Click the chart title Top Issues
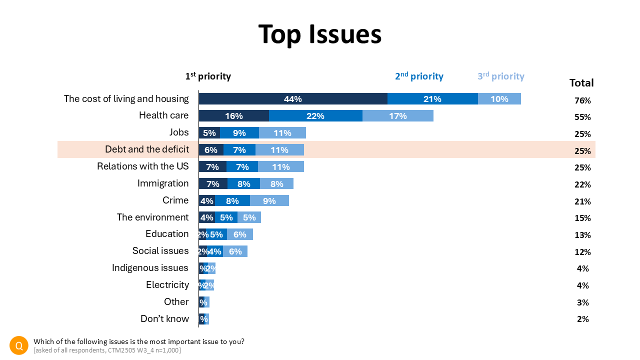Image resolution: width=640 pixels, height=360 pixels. (x=320, y=34)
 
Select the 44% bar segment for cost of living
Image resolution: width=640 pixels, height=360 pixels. (x=293, y=99)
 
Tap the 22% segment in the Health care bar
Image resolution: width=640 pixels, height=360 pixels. (x=315, y=116)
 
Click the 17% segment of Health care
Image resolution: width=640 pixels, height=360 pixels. (x=398, y=116)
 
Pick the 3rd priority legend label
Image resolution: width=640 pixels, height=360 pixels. (x=500, y=76)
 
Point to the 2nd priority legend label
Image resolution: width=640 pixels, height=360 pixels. (x=419, y=76)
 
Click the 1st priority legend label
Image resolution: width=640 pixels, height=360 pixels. (x=208, y=76)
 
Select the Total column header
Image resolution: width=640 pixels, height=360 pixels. (x=581, y=83)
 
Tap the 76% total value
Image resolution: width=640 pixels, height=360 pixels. (x=582, y=100)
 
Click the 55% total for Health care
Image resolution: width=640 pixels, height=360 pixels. (x=582, y=117)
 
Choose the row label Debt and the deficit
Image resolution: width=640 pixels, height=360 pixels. (x=147, y=149)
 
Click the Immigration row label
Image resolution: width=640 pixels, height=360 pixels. (x=163, y=183)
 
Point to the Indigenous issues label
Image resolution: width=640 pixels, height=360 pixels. (x=150, y=268)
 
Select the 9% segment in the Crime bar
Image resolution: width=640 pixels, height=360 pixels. (x=269, y=200)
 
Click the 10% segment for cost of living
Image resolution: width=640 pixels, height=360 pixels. (x=499, y=99)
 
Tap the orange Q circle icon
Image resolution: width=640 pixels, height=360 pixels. (x=19, y=345)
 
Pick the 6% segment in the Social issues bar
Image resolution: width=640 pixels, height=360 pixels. (x=235, y=251)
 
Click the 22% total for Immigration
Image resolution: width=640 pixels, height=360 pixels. (x=582, y=184)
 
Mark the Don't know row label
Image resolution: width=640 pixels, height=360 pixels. (x=164, y=319)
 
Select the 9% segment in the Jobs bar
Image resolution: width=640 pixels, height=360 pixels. (x=239, y=133)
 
